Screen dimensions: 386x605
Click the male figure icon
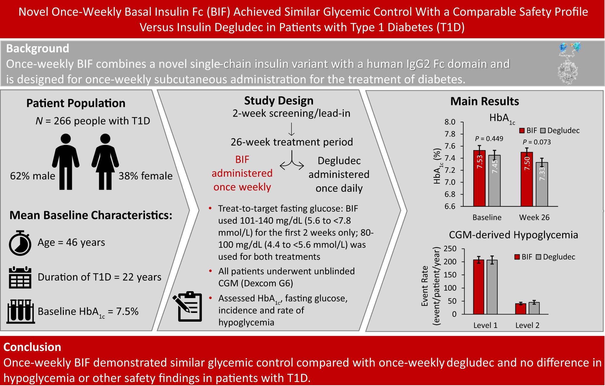click(x=66, y=162)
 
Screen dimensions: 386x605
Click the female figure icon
click(x=105, y=162)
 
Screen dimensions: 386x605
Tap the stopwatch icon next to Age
click(x=20, y=243)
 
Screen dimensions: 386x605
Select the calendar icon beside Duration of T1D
click(x=20, y=278)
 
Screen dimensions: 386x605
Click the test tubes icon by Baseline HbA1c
click(x=21, y=311)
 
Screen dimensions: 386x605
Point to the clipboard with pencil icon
click(x=188, y=306)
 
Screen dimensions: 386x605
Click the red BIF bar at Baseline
click(x=479, y=178)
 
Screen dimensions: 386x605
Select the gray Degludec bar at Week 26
click(x=542, y=184)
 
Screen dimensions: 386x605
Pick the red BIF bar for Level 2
click(x=520, y=309)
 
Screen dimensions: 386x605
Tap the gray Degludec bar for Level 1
click(x=492, y=287)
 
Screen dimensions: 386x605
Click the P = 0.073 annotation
click(x=537, y=142)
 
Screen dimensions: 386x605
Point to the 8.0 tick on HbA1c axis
click(x=450, y=122)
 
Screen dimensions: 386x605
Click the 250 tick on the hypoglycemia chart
click(x=450, y=249)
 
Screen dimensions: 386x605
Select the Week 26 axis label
click(x=534, y=217)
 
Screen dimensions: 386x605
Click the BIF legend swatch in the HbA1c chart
click(x=522, y=130)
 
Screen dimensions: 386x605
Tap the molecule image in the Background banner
click(x=568, y=63)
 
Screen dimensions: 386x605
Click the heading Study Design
click(x=278, y=101)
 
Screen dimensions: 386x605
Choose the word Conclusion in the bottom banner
click(x=32, y=347)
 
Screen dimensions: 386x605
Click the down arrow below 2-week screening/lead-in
click(x=291, y=129)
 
